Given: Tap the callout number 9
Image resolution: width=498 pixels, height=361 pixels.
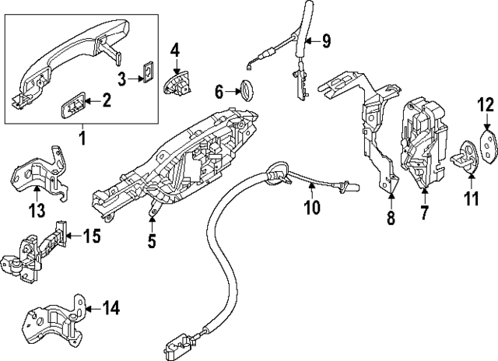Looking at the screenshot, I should pyautogui.click(x=325, y=39).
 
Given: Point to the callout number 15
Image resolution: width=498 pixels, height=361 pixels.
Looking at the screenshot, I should pyautogui.click(x=92, y=235).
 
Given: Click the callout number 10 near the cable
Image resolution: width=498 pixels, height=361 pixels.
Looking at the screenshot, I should pyautogui.click(x=311, y=186).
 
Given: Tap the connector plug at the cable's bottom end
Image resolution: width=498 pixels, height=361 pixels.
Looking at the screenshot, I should pyautogui.click(x=180, y=342).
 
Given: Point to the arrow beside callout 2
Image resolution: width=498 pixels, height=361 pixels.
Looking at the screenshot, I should pyautogui.click(x=89, y=100).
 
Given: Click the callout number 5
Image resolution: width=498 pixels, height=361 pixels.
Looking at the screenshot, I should pyautogui.click(x=152, y=241).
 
